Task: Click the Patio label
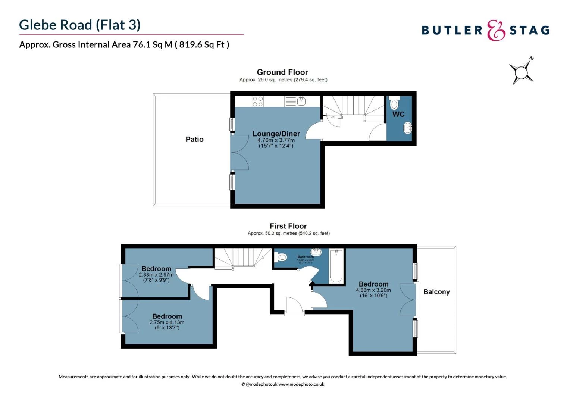pos(194,139)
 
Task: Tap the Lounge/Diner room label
pos(276,134)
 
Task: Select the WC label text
pos(398,114)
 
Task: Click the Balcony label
pos(436,292)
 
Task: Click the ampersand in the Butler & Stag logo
pos(496,31)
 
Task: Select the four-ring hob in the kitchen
pos(258,101)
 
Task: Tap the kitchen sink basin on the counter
pos(301,101)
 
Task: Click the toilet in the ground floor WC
pos(394,103)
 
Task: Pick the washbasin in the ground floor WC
pos(408,128)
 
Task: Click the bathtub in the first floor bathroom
pos(336,266)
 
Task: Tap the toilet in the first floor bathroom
pos(281,257)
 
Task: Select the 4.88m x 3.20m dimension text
pos(373,290)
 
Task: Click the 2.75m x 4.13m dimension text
pos(167,322)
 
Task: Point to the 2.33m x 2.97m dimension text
pos(156,275)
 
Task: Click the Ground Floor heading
pos(282,72)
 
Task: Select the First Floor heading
pos(288,226)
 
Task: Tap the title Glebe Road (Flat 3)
pos(80,25)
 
